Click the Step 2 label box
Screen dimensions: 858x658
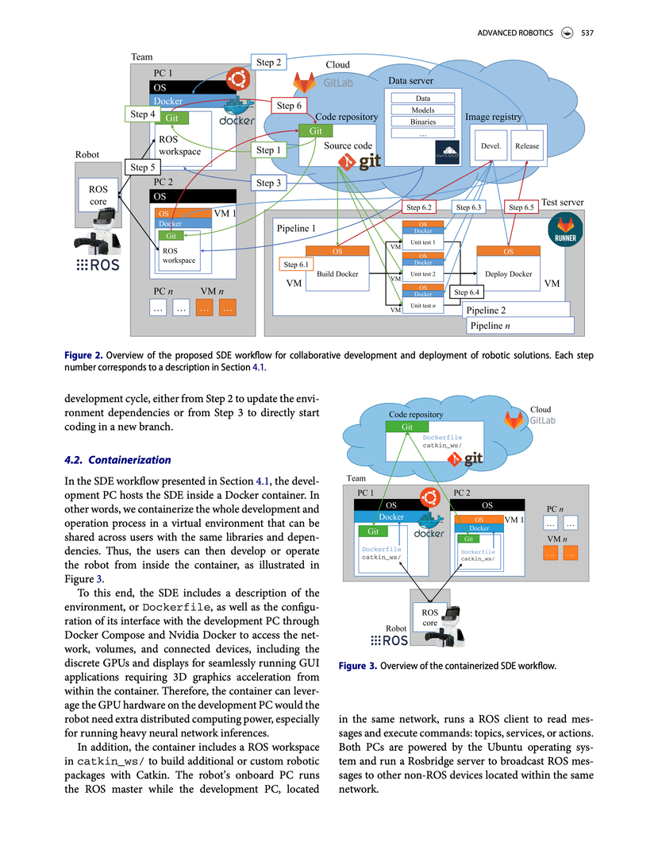268,62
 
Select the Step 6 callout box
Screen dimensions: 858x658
288,106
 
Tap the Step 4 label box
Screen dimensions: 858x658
142,115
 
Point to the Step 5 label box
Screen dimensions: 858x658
142,168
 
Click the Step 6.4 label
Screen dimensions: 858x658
468,292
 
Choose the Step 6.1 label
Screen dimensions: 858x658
297,265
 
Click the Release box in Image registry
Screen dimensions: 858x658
527,146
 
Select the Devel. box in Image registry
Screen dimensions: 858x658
491,146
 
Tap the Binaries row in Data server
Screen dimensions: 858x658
423,122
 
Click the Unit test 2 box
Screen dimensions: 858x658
423,274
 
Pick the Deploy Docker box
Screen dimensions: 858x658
508,274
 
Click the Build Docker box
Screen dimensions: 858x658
337,274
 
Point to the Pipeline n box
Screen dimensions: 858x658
518,326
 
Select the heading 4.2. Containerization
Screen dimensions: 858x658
117,460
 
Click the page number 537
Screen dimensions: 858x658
587,33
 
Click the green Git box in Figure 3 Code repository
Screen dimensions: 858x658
406,427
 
